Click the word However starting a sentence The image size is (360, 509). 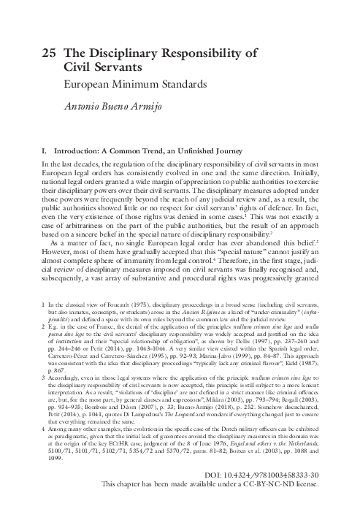coord(58,259)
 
